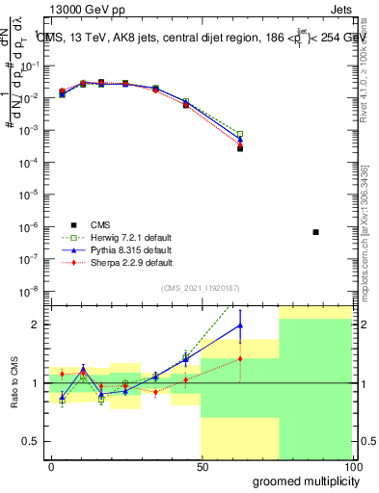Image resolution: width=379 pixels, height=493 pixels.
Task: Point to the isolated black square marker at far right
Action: [x=316, y=232]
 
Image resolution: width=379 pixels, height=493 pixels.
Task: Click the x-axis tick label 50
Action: [x=202, y=466]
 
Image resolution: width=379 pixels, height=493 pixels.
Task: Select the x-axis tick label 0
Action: [x=51, y=466]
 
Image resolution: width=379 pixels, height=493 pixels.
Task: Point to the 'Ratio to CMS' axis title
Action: [x=14, y=382]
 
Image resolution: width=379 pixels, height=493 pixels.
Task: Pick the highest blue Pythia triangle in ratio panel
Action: [x=240, y=325]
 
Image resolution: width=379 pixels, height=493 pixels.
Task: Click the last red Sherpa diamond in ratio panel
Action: [x=240, y=358]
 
